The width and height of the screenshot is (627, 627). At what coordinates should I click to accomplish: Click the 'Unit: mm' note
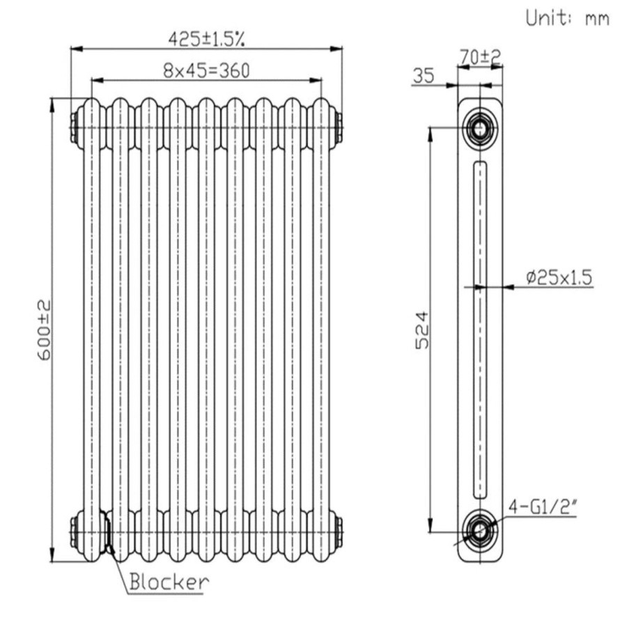click(567, 18)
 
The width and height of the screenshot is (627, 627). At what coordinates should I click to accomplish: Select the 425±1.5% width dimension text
click(206, 39)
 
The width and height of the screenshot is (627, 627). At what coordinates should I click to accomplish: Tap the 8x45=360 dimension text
click(206, 70)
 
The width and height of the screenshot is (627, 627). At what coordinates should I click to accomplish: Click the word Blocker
click(169, 582)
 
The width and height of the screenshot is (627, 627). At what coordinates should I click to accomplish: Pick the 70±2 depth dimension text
click(480, 57)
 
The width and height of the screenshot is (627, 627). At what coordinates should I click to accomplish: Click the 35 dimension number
click(423, 75)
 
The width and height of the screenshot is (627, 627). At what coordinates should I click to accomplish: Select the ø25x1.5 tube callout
click(559, 277)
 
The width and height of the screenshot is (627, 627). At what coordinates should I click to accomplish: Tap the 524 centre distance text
click(421, 330)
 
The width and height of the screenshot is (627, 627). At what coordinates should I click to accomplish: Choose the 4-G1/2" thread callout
click(543, 507)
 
